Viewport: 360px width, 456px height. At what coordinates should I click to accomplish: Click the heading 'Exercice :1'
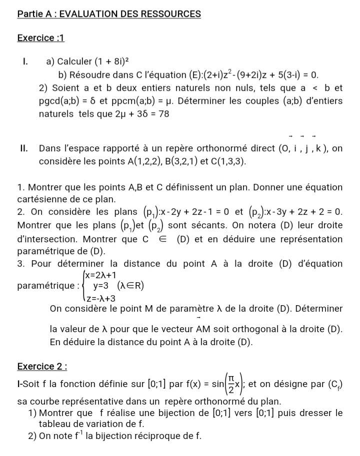[41, 38]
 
